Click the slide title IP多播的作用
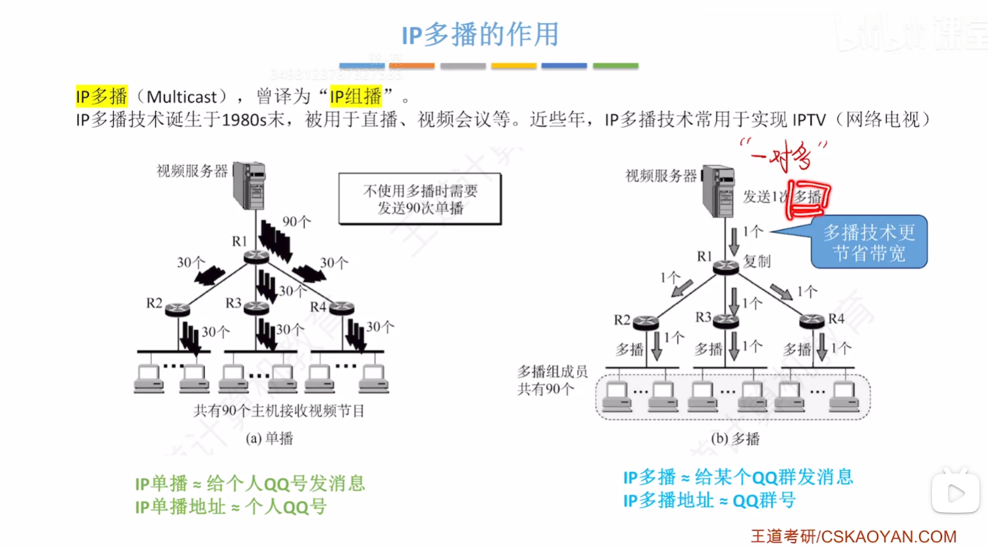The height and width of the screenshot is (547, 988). [x=480, y=34]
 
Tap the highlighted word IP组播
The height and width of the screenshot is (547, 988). [x=355, y=97]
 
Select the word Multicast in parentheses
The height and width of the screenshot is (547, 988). [x=181, y=97]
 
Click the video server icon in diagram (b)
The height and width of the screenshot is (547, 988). [x=718, y=190]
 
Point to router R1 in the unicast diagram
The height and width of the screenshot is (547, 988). [x=256, y=256]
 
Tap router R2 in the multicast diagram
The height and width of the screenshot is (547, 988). [x=645, y=322]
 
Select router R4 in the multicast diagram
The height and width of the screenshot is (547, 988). [x=812, y=321]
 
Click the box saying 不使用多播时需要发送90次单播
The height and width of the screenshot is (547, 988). [x=420, y=199]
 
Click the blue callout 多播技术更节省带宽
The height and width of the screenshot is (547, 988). [x=869, y=242]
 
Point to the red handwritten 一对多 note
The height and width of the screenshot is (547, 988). [x=783, y=155]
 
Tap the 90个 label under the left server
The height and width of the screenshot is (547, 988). [x=296, y=222]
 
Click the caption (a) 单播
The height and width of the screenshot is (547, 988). [x=269, y=438]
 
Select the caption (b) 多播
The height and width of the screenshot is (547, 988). [x=735, y=439]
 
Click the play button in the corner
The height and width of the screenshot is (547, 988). [x=956, y=492]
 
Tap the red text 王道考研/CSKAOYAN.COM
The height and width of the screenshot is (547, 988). [x=853, y=536]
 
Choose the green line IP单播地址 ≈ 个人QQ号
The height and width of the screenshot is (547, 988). [x=230, y=507]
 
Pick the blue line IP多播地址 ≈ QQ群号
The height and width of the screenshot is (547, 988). [x=709, y=500]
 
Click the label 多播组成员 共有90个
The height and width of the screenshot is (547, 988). [x=552, y=380]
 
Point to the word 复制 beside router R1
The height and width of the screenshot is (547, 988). [x=757, y=261]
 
